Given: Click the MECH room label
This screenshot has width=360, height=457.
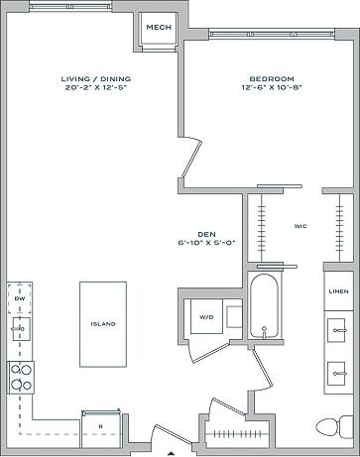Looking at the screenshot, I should [x=156, y=27].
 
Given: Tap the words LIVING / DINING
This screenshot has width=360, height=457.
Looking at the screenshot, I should [x=95, y=78].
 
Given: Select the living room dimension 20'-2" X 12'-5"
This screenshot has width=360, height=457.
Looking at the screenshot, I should [x=95, y=87].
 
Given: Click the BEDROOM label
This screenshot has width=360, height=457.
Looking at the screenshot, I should [x=271, y=78].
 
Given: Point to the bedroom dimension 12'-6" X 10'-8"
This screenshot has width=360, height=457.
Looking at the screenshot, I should [x=271, y=87].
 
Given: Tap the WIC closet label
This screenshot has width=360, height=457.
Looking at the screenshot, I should [x=300, y=226].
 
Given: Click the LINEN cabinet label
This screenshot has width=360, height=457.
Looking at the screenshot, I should [x=337, y=290].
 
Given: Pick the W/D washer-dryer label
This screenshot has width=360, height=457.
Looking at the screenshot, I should [x=206, y=317].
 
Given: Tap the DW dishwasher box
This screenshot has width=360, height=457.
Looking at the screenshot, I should [x=20, y=297].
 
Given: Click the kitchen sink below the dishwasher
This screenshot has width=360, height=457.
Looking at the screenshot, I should [x=20, y=328].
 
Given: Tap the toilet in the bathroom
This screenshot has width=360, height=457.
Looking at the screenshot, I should [x=327, y=428].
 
